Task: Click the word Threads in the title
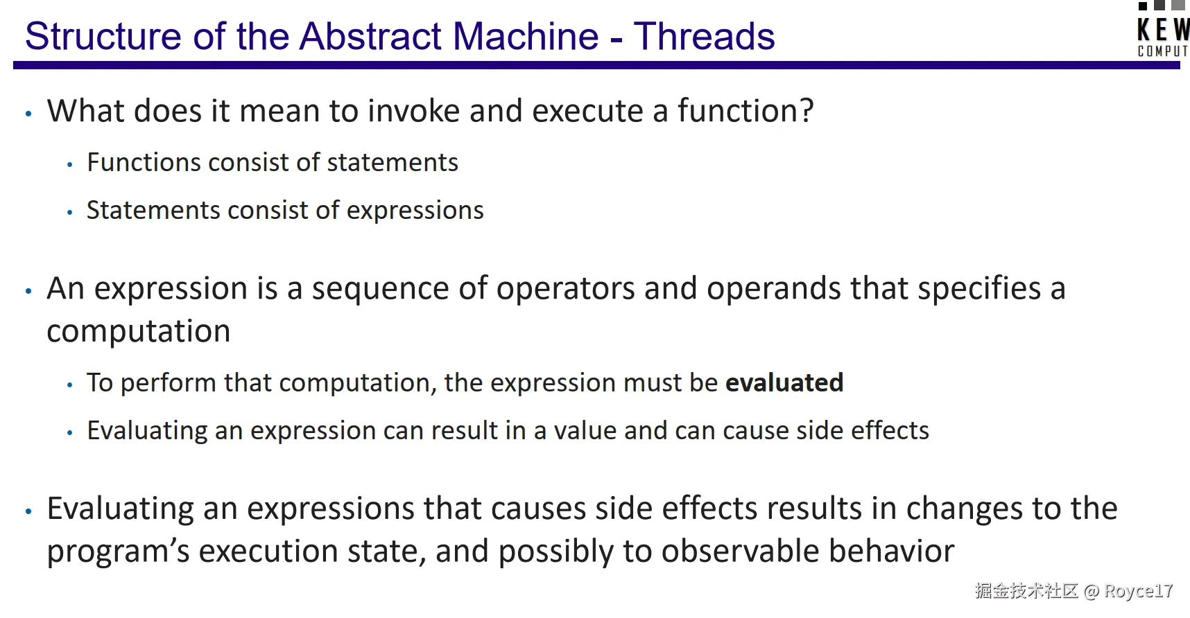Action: click(704, 36)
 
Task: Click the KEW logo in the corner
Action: click(1164, 29)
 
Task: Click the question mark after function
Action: click(807, 111)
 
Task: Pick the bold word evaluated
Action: click(784, 382)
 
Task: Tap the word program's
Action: click(118, 552)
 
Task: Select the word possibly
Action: click(556, 552)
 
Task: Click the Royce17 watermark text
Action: click(1138, 591)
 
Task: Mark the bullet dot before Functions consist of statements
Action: click(69, 165)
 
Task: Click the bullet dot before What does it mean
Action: click(28, 114)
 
